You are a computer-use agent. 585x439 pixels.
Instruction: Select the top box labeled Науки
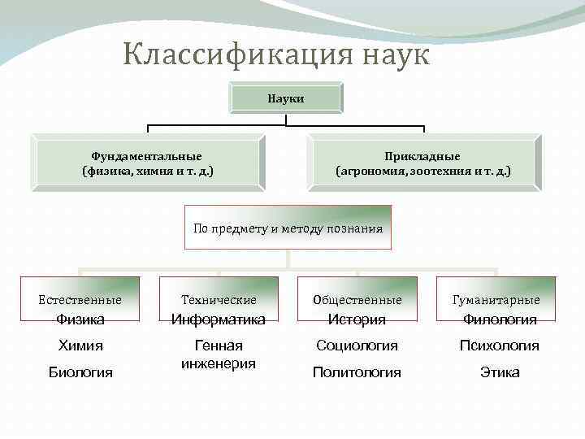[286, 98]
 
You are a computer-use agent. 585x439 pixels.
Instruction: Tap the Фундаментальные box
[148, 163]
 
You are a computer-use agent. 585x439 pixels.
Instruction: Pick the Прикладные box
[423, 163]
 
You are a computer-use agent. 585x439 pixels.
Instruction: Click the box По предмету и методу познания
[288, 228]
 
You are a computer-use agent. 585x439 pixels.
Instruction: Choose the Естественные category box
[80, 300]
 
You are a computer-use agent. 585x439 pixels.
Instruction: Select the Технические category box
[219, 300]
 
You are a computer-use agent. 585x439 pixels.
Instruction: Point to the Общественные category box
[357, 300]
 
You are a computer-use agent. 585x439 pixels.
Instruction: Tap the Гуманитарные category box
[496, 300]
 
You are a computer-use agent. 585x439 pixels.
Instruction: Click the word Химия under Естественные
[80, 346]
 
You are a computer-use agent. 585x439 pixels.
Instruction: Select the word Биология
[80, 372]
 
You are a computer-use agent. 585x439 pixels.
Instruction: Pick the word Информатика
[219, 319]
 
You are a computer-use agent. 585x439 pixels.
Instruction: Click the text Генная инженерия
[219, 354]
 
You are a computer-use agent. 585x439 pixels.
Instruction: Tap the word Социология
[357, 346]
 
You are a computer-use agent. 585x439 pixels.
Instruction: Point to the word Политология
[357, 372]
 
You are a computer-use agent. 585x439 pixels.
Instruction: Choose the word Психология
[500, 346]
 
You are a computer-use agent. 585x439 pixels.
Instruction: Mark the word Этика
[500, 372]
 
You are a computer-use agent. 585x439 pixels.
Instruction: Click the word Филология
[500, 319]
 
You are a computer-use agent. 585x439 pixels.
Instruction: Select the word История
[357, 319]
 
